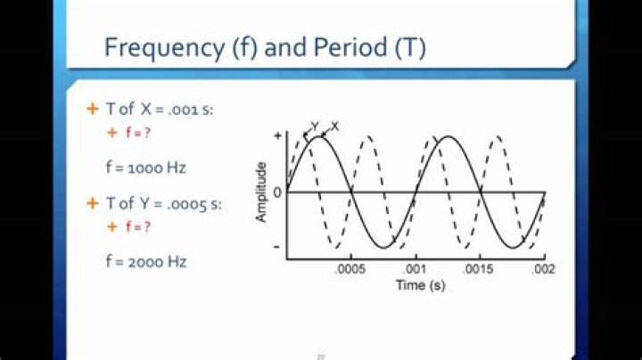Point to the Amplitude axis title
262,192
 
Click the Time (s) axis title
421,285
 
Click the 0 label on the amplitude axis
276,192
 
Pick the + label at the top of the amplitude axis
277,135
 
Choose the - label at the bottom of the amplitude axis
277,247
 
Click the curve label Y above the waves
315,126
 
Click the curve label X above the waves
333,126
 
